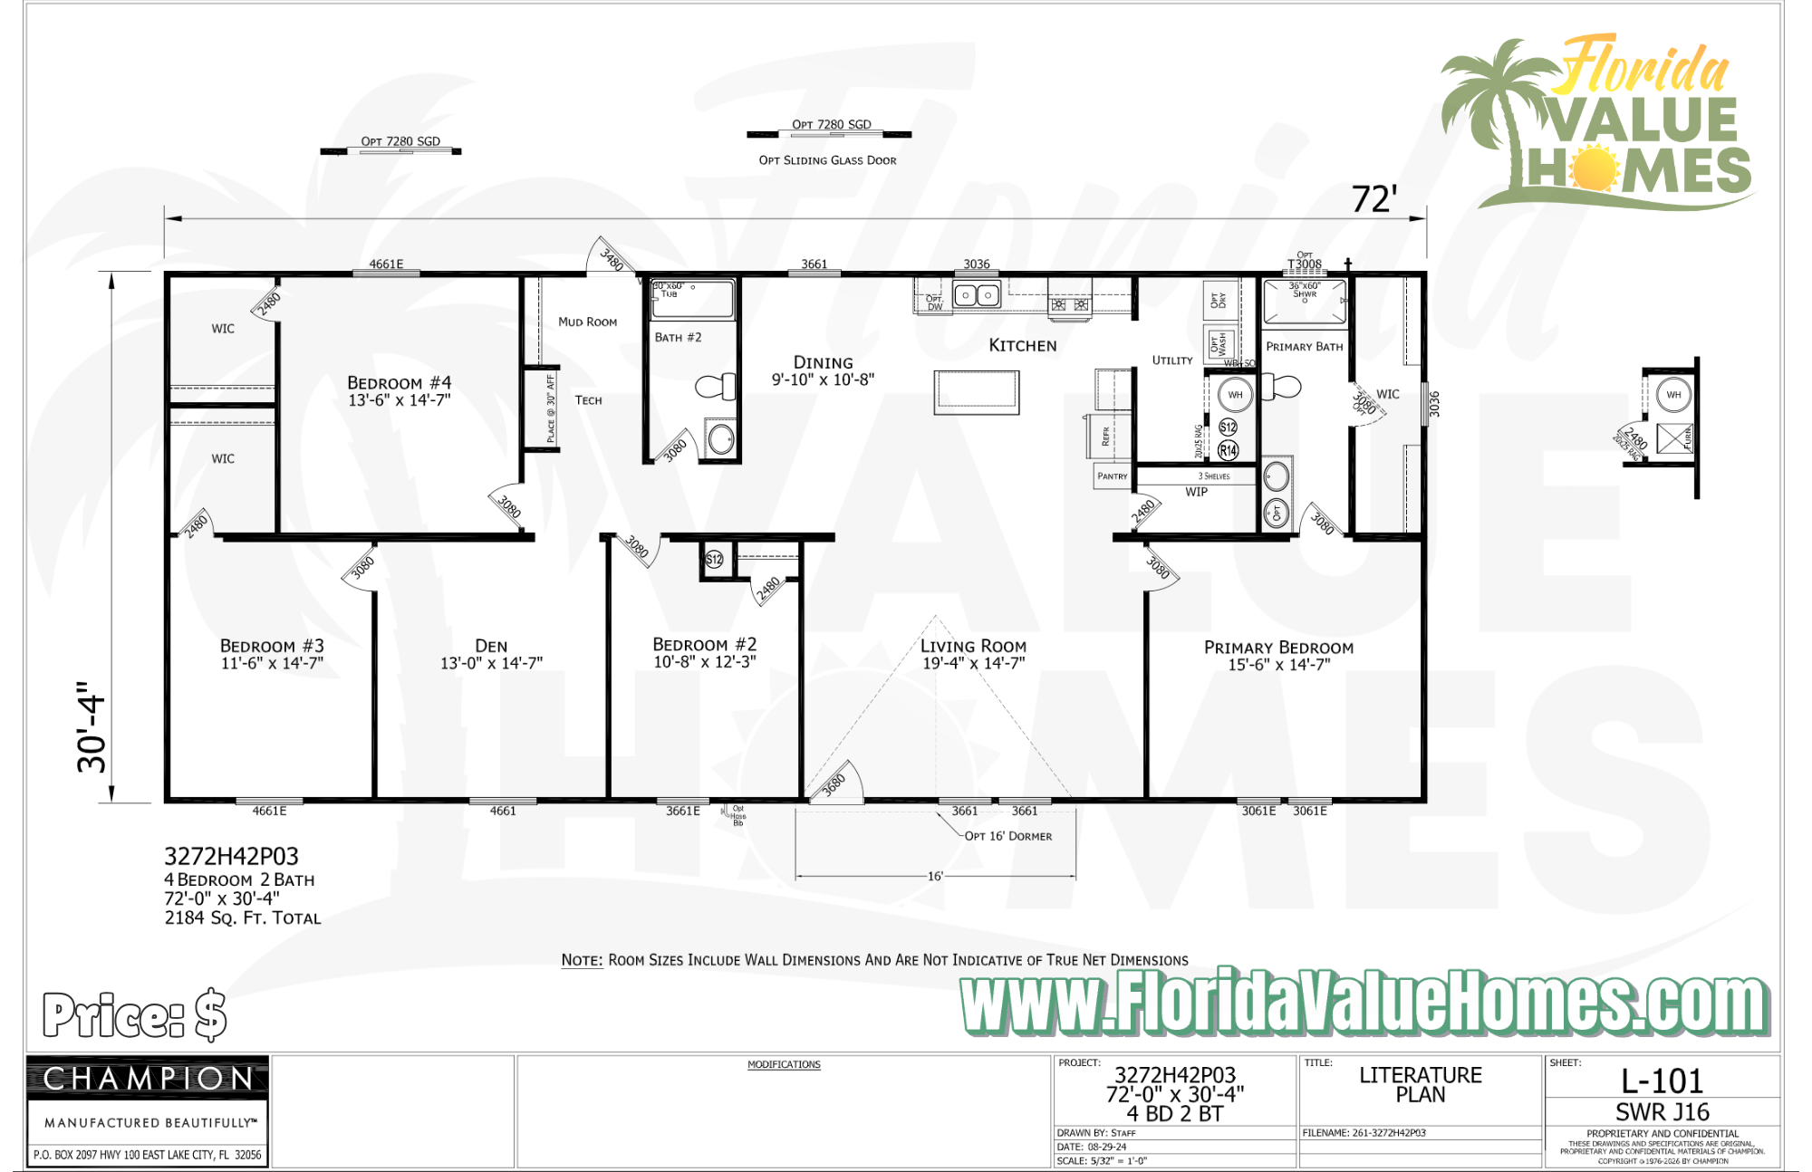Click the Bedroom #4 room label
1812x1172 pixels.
[x=399, y=383]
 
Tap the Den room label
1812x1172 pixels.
[x=491, y=646]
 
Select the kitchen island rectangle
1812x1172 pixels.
[x=976, y=392]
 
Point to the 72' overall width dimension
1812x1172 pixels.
[x=1373, y=199]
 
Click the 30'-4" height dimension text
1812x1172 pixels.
[x=92, y=727]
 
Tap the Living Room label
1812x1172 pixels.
[x=973, y=646]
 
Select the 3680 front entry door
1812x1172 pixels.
[x=834, y=783]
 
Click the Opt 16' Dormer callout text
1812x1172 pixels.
[x=1007, y=836]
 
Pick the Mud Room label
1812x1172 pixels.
[x=587, y=322]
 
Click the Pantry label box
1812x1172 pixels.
[x=1113, y=476]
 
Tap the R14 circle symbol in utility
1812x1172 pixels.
[x=1228, y=450]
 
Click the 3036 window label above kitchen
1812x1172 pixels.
[x=976, y=264]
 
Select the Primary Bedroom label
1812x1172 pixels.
[x=1278, y=648]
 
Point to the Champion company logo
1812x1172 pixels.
[x=148, y=1079]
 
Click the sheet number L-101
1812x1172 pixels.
[x=1662, y=1081]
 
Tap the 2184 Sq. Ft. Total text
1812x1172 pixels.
[x=242, y=917]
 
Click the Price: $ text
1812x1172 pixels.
[x=134, y=1014]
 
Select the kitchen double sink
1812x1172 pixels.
[x=976, y=295]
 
